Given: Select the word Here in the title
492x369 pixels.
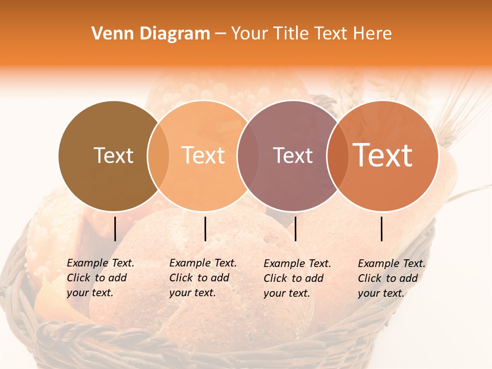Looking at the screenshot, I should (x=373, y=34).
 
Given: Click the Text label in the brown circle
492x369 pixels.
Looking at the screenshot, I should (x=113, y=155).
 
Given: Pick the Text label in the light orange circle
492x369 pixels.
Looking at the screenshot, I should (x=203, y=155).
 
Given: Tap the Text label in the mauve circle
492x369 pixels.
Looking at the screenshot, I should (x=293, y=155).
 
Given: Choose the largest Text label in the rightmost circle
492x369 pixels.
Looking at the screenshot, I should (x=382, y=155).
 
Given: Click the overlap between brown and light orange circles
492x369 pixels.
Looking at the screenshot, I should (x=158, y=156).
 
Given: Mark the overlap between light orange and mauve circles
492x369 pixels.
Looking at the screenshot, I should (x=248, y=156).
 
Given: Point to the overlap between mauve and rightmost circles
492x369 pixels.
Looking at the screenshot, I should (x=337, y=156).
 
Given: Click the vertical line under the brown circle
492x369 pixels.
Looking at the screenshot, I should (x=115, y=229).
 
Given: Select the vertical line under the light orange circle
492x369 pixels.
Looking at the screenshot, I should (x=205, y=229).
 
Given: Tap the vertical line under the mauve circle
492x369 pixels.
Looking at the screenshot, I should (x=295, y=229).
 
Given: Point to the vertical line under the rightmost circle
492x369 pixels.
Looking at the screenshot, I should (x=381, y=229).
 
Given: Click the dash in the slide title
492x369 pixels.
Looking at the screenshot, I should (x=220, y=34).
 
